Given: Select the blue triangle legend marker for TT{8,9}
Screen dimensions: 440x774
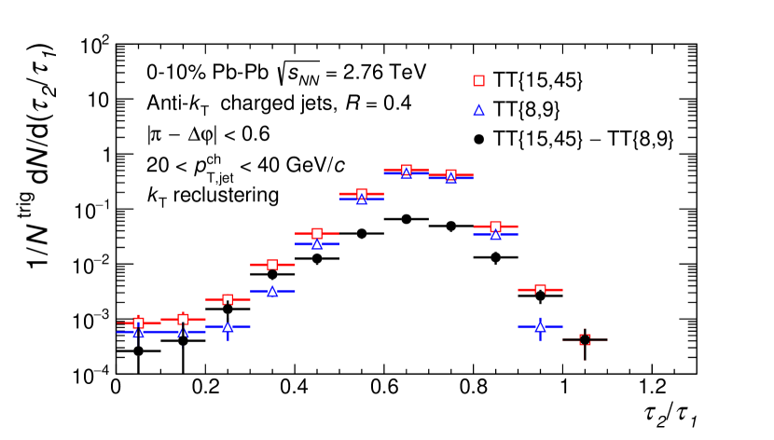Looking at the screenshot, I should pos(481,111).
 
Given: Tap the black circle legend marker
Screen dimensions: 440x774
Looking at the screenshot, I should pos(481,139).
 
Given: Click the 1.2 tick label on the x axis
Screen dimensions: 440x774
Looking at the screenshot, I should pos(651,385).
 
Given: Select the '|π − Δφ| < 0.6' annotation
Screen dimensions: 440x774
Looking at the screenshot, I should pos(199,134).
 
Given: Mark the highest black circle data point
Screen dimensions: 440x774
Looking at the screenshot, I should pos(406,219).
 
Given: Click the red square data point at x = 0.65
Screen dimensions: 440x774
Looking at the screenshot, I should pos(406,171).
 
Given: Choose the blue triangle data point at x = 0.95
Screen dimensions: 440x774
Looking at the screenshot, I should pos(540,326).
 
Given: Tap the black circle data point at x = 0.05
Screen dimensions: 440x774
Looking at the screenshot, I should pos(138,351).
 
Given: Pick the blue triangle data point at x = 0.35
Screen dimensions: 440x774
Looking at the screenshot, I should pos(271,291).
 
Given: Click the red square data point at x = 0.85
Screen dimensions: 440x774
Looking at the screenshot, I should pos(495,227).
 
